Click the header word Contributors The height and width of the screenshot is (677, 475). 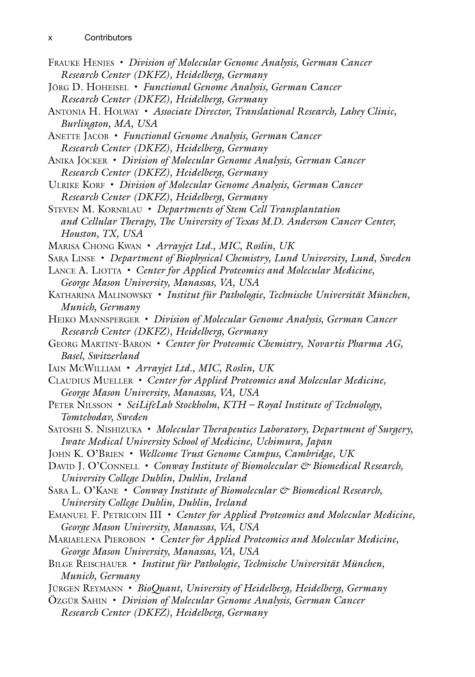click(x=108, y=38)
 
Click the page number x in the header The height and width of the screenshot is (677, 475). click(x=50, y=38)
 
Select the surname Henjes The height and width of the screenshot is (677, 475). click(x=99, y=63)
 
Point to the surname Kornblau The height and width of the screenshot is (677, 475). click(x=120, y=210)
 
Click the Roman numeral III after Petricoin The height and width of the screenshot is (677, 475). click(x=156, y=515)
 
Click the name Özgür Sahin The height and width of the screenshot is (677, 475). click(x=77, y=601)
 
